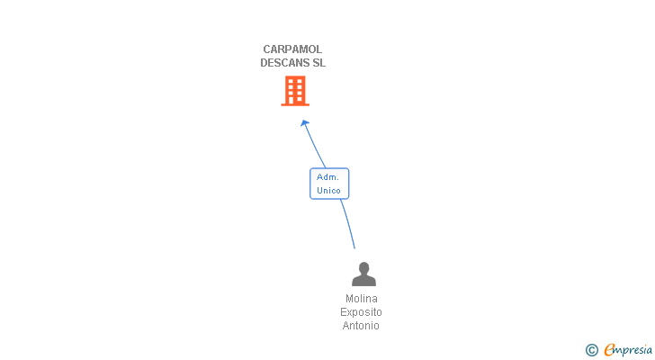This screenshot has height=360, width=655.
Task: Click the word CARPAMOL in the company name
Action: click(292, 49)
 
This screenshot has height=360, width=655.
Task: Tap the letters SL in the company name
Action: click(319, 63)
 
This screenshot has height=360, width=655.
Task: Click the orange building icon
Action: click(295, 90)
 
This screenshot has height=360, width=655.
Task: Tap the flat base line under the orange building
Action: click(295, 104)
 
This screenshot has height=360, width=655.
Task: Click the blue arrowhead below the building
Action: click(305, 123)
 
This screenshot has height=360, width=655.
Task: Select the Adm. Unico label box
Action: click(329, 184)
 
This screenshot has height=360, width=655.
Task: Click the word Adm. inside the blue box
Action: click(327, 177)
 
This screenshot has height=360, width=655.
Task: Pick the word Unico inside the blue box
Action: click(329, 191)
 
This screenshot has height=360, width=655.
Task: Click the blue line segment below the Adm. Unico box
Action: click(347, 223)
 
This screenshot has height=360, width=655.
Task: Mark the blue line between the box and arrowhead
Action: click(315, 146)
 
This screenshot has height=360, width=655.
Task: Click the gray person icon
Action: click(363, 274)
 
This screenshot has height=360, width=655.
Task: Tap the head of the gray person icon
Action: click(363, 267)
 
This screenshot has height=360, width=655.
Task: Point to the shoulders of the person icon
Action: click(363, 280)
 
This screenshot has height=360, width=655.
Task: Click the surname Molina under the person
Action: click(362, 299)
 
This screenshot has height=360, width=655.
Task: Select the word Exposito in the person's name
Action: click(362, 312)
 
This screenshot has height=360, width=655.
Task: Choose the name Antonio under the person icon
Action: click(362, 326)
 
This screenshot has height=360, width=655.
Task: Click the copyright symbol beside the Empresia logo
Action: click(591, 350)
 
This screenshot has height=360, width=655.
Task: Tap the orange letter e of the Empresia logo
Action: click(609, 350)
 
